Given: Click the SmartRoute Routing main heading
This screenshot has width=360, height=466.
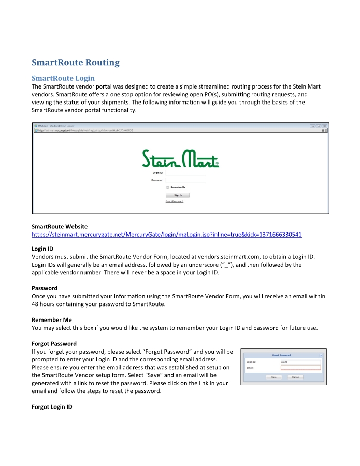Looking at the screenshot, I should (76, 63).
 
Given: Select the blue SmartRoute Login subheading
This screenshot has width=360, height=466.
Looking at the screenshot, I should (63, 78).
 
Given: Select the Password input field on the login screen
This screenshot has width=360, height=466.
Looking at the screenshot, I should (185, 180).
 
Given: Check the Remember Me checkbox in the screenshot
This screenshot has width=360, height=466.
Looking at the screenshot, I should (167, 187).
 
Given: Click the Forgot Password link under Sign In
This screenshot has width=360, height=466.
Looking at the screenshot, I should (175, 201).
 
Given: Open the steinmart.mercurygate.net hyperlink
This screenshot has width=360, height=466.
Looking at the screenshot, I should (166, 235).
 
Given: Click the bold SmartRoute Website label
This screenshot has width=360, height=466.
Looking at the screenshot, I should (60, 226).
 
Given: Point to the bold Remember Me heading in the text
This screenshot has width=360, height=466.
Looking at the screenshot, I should (52, 320).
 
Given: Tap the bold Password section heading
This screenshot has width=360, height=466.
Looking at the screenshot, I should (45, 288).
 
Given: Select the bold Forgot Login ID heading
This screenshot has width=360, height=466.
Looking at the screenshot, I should (52, 407).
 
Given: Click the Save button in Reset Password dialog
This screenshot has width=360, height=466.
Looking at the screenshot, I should (274, 377).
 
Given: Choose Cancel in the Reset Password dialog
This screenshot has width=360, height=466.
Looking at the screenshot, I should (295, 377).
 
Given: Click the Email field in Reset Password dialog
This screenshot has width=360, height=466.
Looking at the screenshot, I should (300, 368).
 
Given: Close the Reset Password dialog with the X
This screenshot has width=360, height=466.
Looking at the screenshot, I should (321, 356).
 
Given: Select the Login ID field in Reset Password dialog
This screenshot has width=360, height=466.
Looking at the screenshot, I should (300, 362).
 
